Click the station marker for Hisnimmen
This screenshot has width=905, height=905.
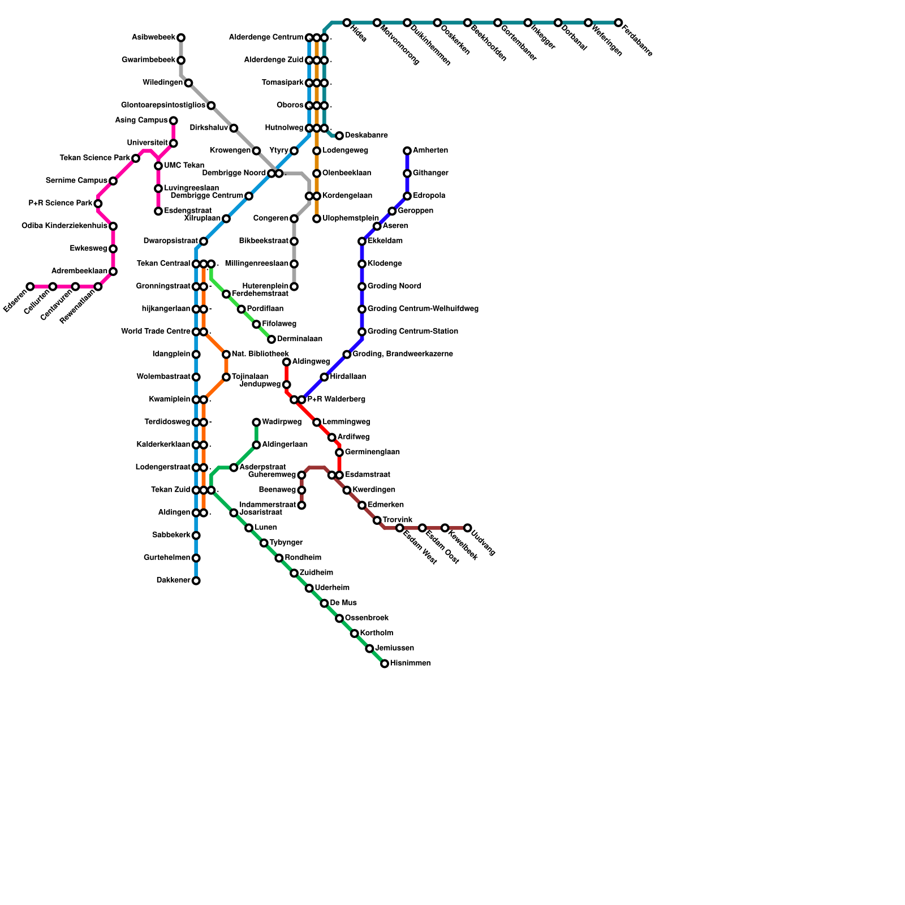(x=385, y=663)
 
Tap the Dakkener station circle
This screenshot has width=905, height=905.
(x=196, y=580)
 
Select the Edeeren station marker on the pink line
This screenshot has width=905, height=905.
(x=30, y=287)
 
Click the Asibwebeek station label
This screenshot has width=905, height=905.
(x=153, y=37)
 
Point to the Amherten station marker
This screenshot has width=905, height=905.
(x=407, y=150)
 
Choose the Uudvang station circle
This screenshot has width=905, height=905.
(x=467, y=528)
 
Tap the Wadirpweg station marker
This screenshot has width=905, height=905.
(x=256, y=422)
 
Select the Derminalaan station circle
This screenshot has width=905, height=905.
(x=271, y=339)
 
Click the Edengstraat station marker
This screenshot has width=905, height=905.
(x=158, y=211)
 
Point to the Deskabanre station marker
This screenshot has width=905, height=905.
(x=339, y=136)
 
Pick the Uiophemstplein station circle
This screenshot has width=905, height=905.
(x=317, y=218)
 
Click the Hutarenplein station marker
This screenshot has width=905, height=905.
(x=294, y=287)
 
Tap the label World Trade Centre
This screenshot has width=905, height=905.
(x=156, y=331)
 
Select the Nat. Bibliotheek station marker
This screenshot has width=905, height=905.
(x=226, y=354)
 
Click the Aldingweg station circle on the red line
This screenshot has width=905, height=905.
(x=287, y=362)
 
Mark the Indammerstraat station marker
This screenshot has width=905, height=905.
(x=301, y=505)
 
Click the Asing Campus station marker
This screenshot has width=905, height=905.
(x=173, y=120)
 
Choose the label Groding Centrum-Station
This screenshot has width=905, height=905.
(x=413, y=331)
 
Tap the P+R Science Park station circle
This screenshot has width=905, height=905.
(x=98, y=204)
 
